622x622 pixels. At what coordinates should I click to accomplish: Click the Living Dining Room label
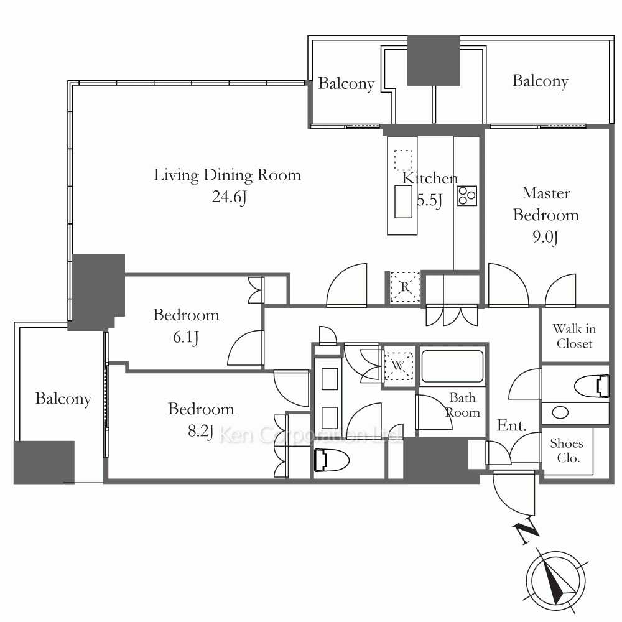coord(227,175)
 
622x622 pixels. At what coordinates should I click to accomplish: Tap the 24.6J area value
coord(230,197)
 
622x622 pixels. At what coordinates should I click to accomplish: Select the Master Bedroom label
coord(546,204)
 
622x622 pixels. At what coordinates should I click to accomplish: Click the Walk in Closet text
coord(574,336)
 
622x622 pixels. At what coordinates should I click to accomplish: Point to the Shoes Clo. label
coord(567,450)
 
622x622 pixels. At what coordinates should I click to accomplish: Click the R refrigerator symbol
coord(405,287)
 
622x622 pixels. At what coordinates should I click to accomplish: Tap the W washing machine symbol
coord(398,365)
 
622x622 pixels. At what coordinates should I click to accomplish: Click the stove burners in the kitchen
coord(467,195)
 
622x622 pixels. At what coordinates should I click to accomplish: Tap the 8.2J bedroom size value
coord(201,431)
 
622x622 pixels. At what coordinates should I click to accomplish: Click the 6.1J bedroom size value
coord(185,337)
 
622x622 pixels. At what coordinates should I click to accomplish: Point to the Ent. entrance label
coord(512,425)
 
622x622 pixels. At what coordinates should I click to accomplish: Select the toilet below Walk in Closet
coord(592,386)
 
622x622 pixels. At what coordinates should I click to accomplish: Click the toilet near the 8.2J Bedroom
coord(332,460)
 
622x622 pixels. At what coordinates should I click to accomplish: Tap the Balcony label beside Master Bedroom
coord(541,81)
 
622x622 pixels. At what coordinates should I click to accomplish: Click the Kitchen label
coord(430,178)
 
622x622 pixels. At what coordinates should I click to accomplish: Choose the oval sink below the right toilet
coord(560,412)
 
